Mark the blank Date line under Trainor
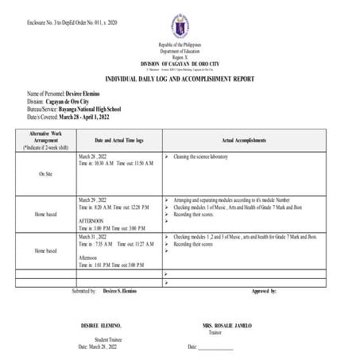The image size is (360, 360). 211,347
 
